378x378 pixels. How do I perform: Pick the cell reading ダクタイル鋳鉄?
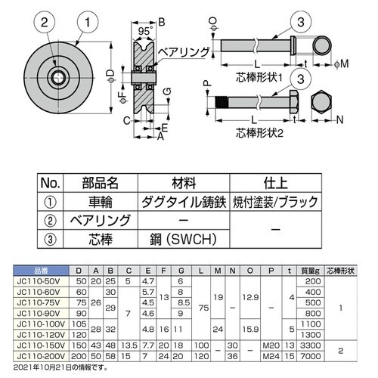[x=183, y=202]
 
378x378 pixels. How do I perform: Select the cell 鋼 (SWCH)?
[x=183, y=241]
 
